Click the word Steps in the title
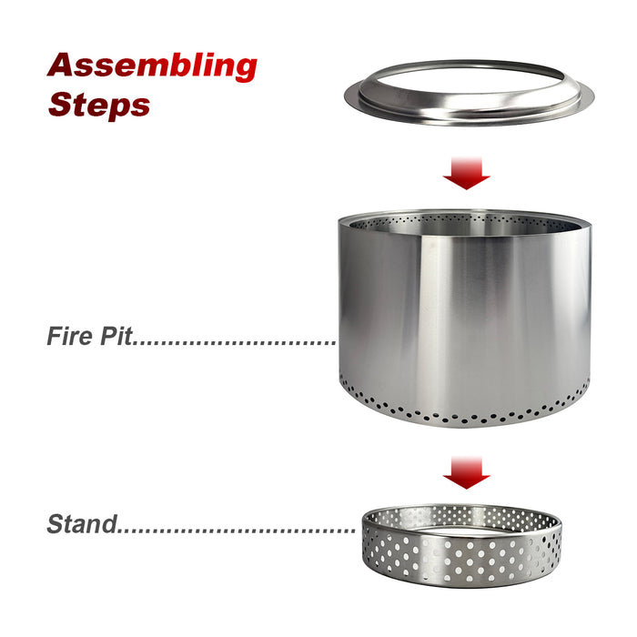point(98,104)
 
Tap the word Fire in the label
point(68,337)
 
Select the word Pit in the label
point(115,337)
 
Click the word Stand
point(82,524)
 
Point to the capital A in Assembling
point(65,65)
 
